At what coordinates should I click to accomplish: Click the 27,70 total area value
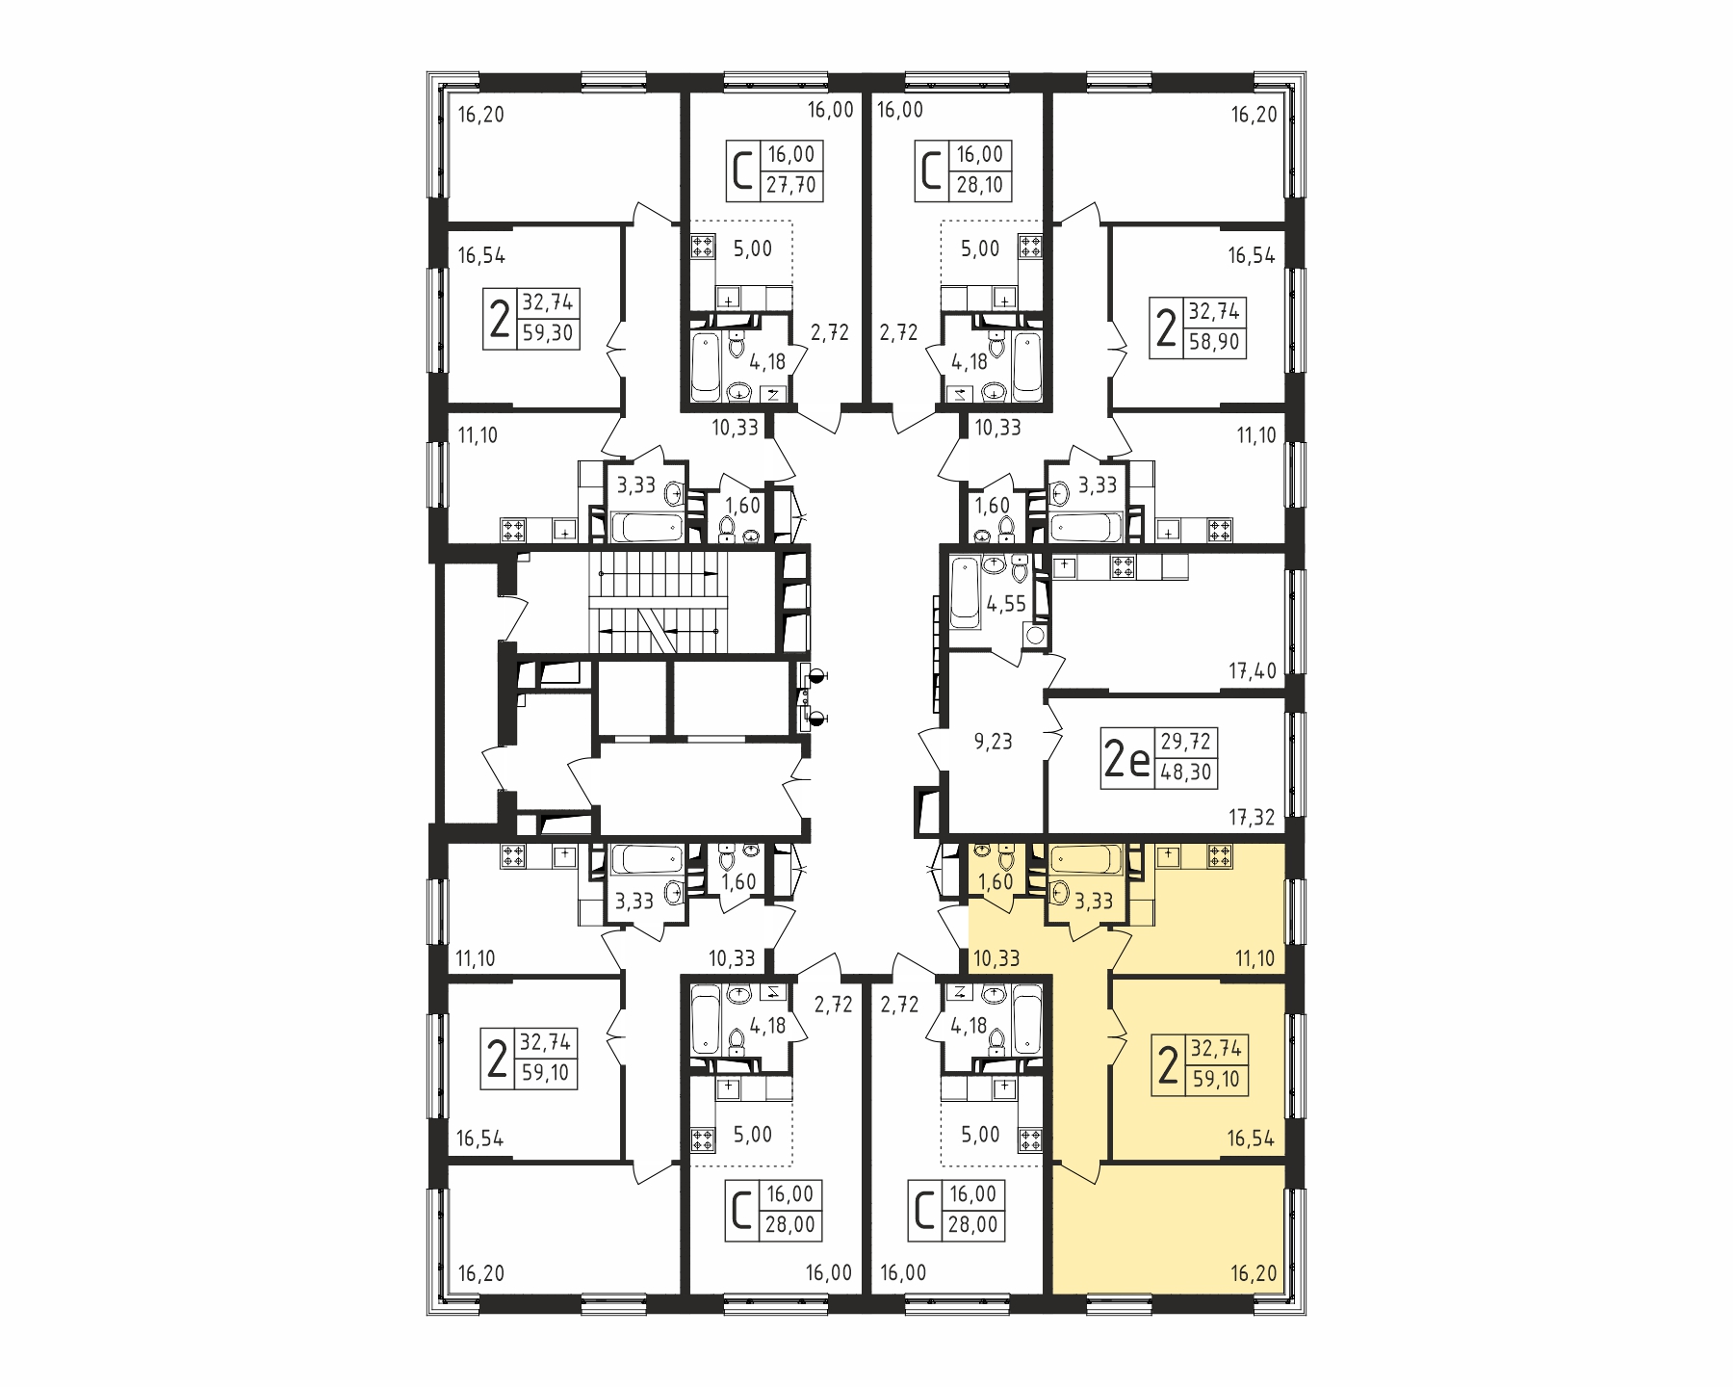tap(791, 184)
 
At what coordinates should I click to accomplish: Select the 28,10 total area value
tap(980, 184)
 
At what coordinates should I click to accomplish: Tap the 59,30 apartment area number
tap(547, 332)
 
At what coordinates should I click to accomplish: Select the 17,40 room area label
tap(1252, 670)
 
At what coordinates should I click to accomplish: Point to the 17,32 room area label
tap(1252, 818)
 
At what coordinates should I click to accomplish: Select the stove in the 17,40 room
tap(1123, 567)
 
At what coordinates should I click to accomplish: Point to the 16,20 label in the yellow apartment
tap(1253, 1274)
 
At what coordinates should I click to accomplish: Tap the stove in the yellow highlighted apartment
tap(1220, 855)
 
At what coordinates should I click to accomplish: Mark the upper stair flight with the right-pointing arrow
tap(659, 573)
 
